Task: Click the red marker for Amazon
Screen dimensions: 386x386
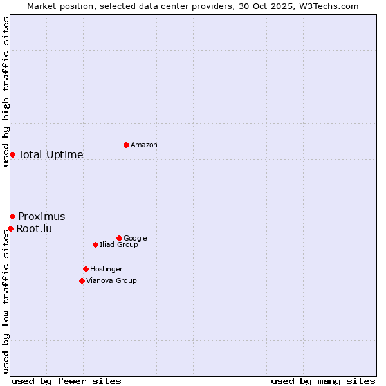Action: click(x=126, y=145)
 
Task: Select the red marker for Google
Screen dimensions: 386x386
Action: click(x=119, y=238)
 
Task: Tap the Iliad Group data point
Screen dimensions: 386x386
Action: click(x=95, y=244)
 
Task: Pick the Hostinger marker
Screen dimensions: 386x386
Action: click(x=86, y=269)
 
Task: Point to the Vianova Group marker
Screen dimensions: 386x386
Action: click(x=82, y=280)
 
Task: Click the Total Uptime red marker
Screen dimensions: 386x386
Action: click(x=12, y=154)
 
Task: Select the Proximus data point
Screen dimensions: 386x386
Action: click(x=12, y=216)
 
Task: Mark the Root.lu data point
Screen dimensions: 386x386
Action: click(x=10, y=228)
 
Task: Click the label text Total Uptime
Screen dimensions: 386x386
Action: click(x=50, y=154)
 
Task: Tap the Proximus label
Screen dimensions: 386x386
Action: click(x=41, y=216)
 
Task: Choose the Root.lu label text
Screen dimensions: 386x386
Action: click(x=34, y=228)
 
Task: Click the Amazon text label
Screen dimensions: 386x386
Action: click(x=143, y=145)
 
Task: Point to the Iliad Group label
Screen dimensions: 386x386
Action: click(x=118, y=244)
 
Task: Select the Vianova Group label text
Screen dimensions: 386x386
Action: click(x=111, y=280)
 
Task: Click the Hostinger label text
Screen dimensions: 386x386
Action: click(x=106, y=269)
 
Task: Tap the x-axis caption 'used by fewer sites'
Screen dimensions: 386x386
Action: click(x=66, y=381)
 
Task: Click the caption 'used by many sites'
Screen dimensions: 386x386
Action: click(x=323, y=381)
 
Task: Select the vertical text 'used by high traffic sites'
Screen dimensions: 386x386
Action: click(x=6, y=91)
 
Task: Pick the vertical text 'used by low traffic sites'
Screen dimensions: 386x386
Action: click(x=6, y=300)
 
